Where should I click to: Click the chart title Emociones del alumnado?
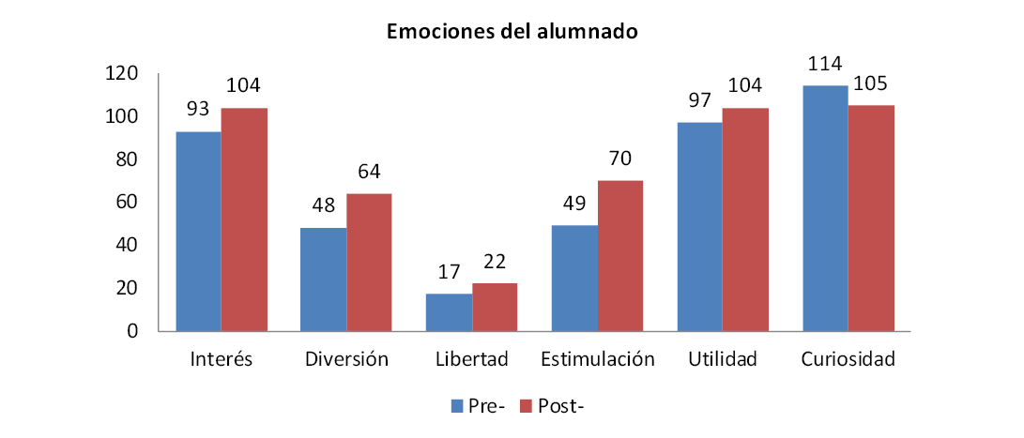click(x=512, y=32)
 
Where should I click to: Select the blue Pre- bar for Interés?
click(x=199, y=231)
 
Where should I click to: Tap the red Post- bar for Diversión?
click(x=369, y=262)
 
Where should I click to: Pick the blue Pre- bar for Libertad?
click(x=449, y=312)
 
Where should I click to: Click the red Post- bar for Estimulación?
click(x=620, y=255)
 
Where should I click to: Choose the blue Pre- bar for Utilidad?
click(x=700, y=226)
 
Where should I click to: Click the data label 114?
click(x=824, y=66)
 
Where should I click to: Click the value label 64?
click(x=369, y=174)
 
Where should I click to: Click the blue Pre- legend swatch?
click(x=458, y=406)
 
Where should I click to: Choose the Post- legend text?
click(x=561, y=406)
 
